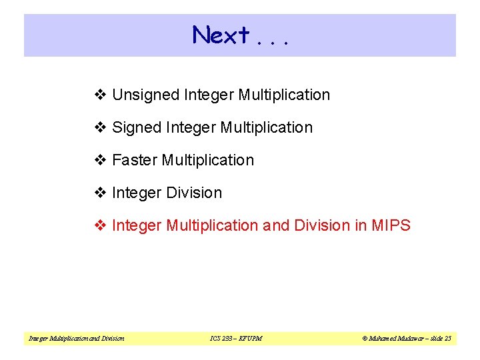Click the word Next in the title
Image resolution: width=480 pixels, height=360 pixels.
click(x=221, y=35)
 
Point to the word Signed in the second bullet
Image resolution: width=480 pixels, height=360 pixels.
click(x=135, y=127)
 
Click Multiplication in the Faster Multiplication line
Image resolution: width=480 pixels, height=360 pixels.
click(x=208, y=160)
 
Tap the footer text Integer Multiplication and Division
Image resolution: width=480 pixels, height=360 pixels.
click(x=76, y=339)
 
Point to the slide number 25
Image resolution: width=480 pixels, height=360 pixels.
click(x=447, y=339)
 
